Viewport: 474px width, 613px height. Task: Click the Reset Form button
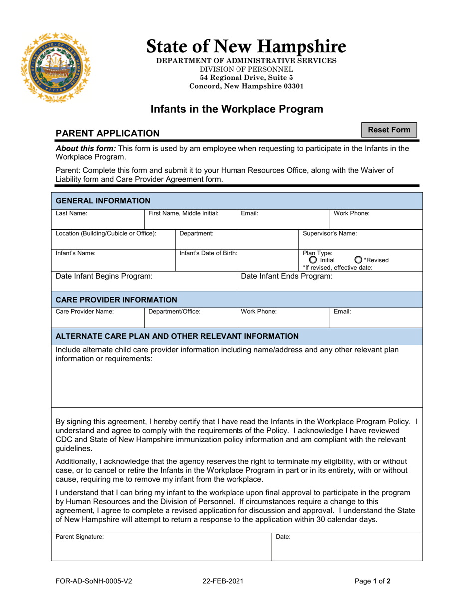[x=389, y=130]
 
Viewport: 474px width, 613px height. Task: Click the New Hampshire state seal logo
[x=56, y=68]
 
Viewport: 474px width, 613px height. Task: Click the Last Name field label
[x=71, y=213]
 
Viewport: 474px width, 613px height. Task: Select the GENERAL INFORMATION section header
[x=103, y=201]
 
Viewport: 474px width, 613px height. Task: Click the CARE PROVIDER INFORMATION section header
[x=116, y=300]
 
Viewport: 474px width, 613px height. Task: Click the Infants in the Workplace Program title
[x=237, y=109]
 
